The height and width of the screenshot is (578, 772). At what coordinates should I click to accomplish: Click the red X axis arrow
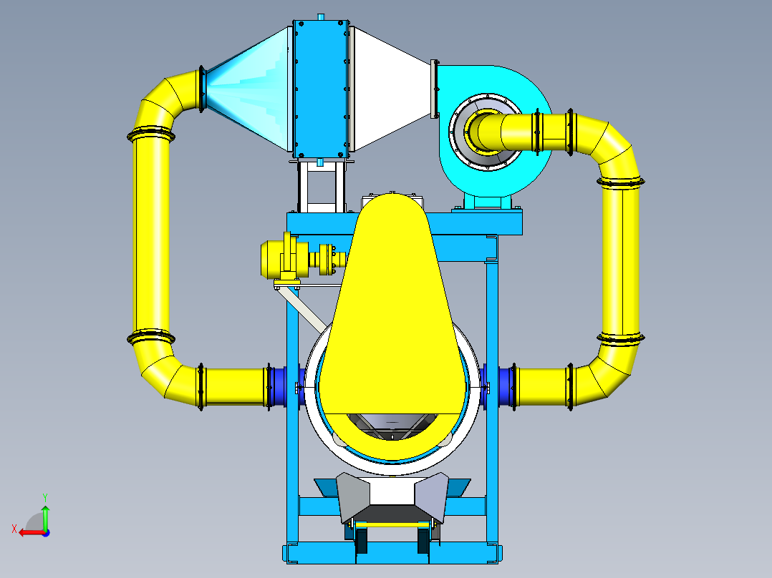pos(29,532)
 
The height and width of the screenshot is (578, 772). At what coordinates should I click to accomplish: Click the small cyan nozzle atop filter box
pos(322,16)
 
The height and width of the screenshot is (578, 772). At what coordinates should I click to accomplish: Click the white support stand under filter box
pos(322,186)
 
